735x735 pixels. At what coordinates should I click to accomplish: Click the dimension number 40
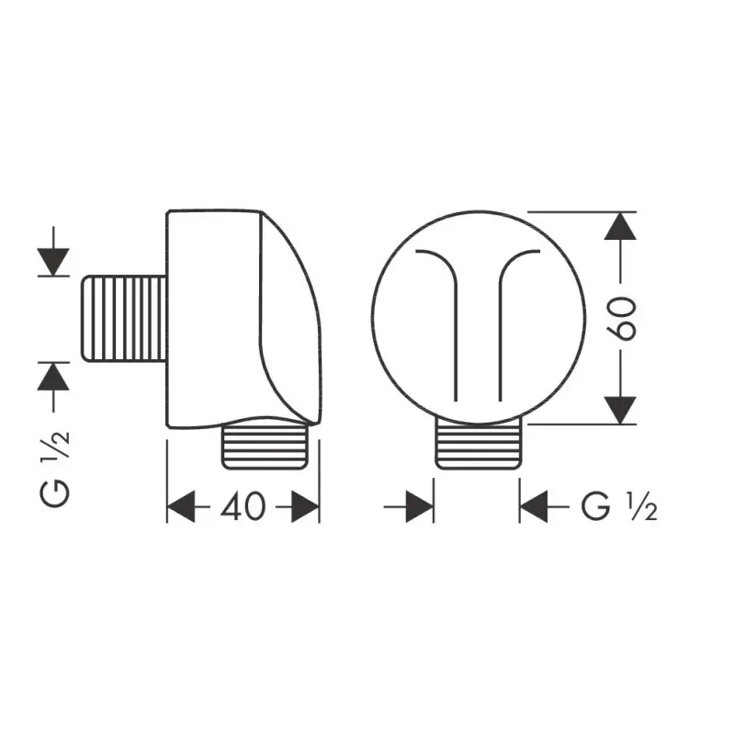(x=243, y=507)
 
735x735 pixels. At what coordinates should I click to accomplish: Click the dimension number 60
(x=622, y=318)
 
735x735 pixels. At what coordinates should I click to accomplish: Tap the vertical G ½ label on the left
(x=55, y=469)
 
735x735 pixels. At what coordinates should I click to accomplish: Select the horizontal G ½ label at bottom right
(x=618, y=507)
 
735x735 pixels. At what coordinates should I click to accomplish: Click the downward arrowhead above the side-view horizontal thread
(x=53, y=262)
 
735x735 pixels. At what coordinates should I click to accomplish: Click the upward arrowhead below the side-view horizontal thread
(x=53, y=377)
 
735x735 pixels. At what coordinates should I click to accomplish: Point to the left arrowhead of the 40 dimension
(x=181, y=507)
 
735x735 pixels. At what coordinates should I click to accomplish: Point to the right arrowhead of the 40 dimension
(x=306, y=507)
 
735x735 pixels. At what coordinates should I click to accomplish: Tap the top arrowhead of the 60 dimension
(x=620, y=226)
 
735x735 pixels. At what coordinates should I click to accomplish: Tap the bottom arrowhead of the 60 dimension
(x=620, y=411)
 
